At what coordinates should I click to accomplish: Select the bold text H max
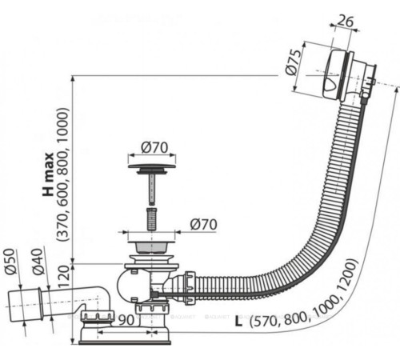(x=48, y=174)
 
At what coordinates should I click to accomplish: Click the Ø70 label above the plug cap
(x=153, y=146)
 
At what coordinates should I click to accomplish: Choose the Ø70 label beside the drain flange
(x=203, y=225)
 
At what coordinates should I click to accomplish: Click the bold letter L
(x=239, y=322)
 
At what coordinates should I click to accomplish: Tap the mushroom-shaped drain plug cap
(x=148, y=169)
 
